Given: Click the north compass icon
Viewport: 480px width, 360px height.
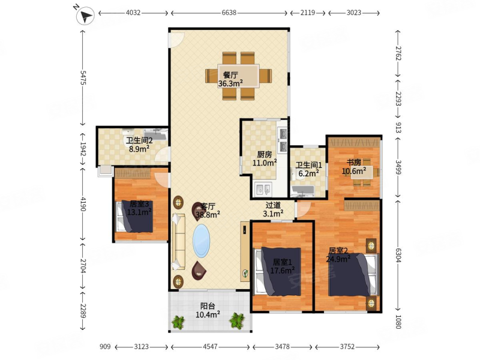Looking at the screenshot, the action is pos(85,15).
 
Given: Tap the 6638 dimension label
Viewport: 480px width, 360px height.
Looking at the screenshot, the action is pos(229,13).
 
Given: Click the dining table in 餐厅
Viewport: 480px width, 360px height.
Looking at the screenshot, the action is pos(238,76).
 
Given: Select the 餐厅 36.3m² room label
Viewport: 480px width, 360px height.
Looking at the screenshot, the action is pos(230,79).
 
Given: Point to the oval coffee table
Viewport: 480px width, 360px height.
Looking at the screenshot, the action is pos(201,241).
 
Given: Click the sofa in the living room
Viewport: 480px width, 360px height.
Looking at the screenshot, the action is pos(179,242).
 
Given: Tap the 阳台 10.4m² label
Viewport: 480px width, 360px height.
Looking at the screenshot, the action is pos(208,310).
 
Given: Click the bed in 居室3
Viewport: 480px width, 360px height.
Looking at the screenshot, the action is pos(134,217).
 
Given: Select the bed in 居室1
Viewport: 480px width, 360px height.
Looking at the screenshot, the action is pos(278,272).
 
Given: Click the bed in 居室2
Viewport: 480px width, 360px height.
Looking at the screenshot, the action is pos(352,275).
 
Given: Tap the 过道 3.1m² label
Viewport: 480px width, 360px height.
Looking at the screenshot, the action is pos(273,209).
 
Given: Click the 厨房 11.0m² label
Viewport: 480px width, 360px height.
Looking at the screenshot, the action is pos(265,158).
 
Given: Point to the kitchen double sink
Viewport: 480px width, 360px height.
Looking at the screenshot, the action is pos(263,188).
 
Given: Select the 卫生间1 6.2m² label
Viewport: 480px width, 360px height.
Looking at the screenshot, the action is pos(308,169).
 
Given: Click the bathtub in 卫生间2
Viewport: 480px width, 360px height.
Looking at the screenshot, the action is pos(156,134).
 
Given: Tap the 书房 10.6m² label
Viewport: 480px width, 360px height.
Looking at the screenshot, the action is pos(354,167).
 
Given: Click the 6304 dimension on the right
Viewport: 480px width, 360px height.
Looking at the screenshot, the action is pos(398,255).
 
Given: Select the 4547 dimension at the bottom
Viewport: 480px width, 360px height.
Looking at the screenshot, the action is pos(210,347).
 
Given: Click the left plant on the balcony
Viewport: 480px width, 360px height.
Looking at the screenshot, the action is pos(178,322).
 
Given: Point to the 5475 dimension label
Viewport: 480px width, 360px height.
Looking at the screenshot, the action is pos(83,78).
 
